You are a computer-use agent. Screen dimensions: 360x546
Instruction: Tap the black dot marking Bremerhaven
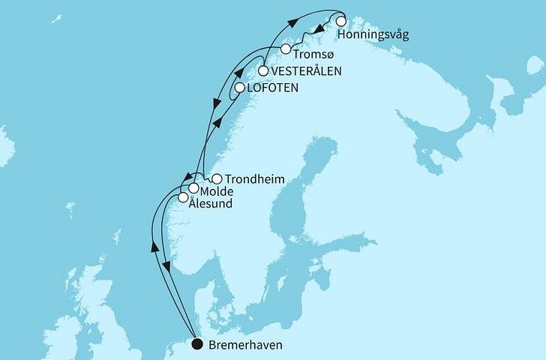point(196,345)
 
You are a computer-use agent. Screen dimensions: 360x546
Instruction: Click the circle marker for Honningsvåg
point(340,21)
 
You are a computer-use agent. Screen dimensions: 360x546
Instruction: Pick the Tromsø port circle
point(286,49)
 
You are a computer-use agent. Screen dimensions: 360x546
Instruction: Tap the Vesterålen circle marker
point(264,71)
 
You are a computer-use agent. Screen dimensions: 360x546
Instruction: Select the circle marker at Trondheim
point(217,179)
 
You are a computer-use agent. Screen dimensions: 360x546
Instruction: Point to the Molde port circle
point(193,188)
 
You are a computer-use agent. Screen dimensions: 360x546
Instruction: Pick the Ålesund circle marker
point(183,198)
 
